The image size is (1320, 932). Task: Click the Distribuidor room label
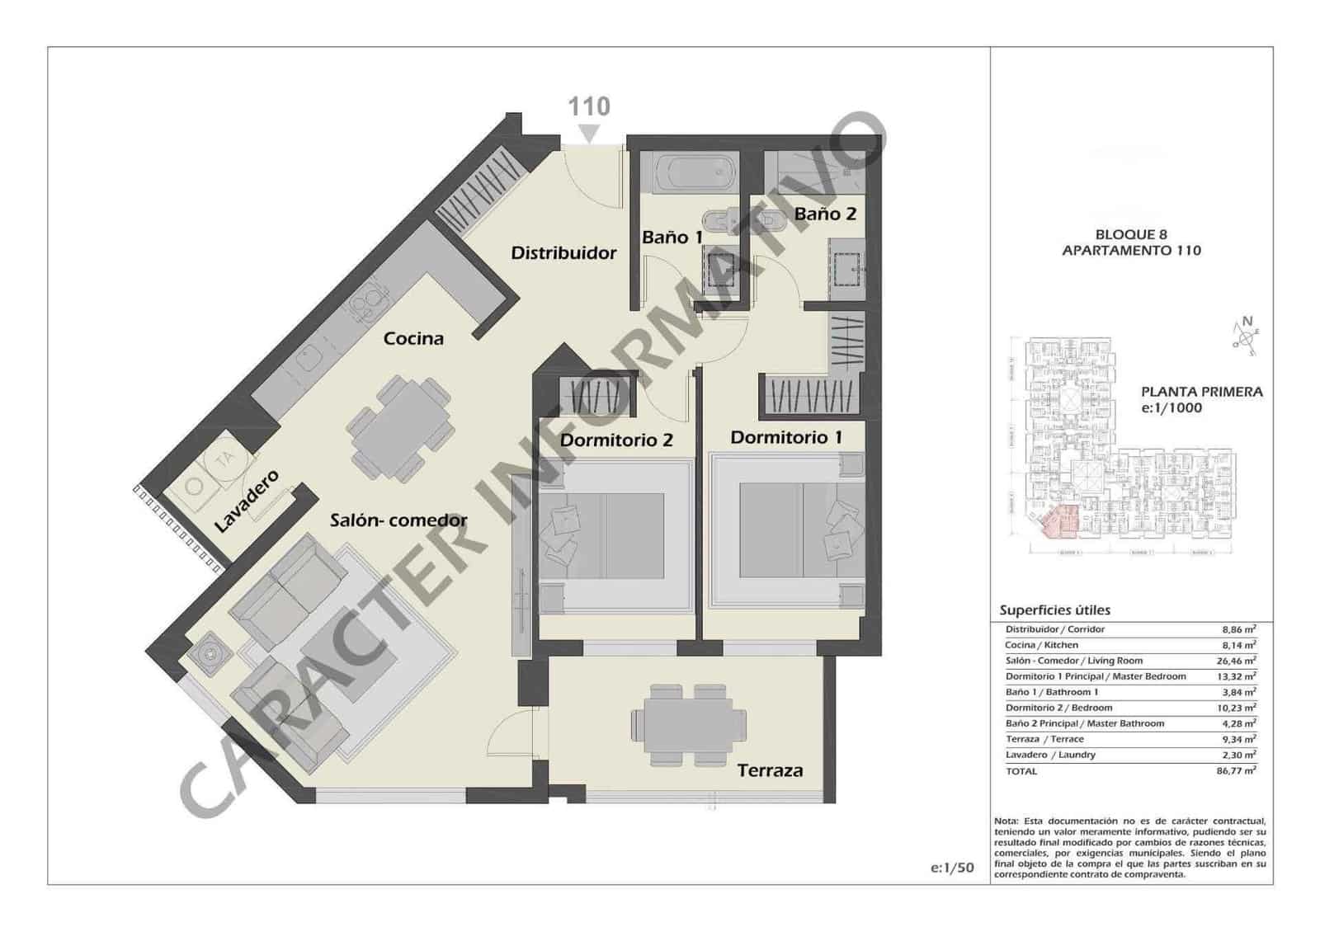coord(563,252)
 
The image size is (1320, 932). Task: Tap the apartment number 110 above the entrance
coord(589,106)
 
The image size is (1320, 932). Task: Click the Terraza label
coord(769,770)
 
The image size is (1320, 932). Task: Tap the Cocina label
coord(413,338)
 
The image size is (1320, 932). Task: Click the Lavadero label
coord(246,501)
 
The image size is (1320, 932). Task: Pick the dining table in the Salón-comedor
coord(399,428)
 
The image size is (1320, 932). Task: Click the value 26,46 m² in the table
coord(1238,661)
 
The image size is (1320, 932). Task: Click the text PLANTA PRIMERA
coord(1201,393)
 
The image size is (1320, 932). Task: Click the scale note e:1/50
coord(952,868)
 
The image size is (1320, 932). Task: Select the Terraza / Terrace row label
coord(1044,739)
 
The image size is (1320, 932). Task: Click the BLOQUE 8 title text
coord(1131,234)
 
